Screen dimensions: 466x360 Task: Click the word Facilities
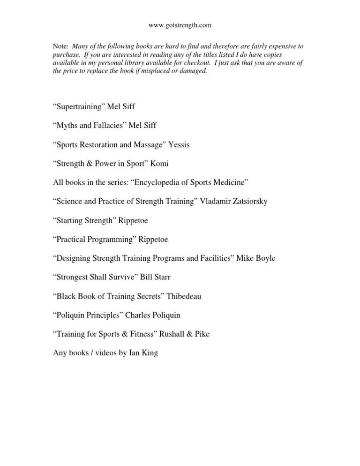[x=215, y=258]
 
